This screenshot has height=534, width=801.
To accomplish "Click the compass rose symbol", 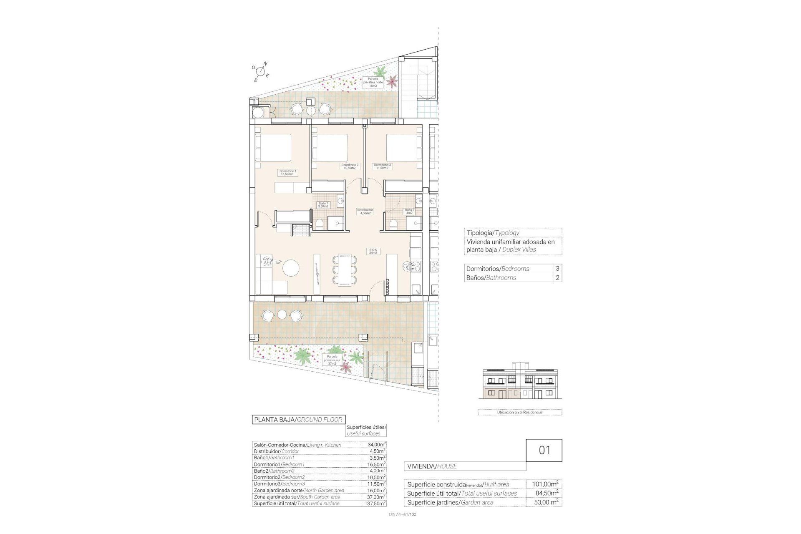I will click(261, 71).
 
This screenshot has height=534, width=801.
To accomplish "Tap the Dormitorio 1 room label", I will click(287, 172).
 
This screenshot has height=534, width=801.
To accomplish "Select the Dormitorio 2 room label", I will click(350, 166).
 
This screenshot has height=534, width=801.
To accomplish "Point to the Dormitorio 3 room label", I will click(382, 166).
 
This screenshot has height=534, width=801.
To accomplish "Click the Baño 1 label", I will click(323, 205).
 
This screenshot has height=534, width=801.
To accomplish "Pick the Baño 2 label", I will click(409, 212).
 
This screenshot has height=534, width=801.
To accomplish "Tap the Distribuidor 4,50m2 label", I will click(365, 212).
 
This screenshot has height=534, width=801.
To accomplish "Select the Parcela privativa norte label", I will click(373, 82).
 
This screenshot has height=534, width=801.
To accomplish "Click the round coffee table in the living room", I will click(291, 267).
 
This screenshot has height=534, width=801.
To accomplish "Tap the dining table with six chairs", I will click(345, 270).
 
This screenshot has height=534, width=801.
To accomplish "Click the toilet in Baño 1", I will click(320, 225).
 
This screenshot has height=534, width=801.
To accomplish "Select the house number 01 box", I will click(544, 450).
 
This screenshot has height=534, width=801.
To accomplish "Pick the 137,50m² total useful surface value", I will click(374, 504).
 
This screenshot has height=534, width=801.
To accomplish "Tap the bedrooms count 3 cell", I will click(557, 269).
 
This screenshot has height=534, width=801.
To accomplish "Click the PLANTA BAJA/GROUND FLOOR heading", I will click(298, 420).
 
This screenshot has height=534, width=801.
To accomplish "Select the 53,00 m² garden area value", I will click(545, 502).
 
